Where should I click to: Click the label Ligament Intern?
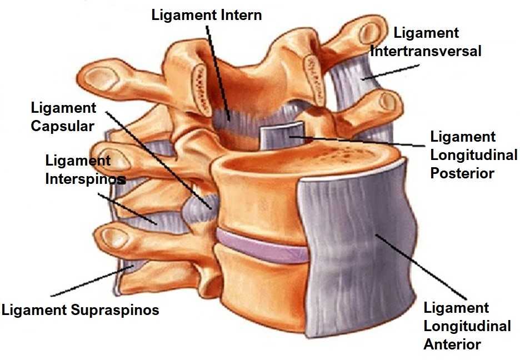[207, 15]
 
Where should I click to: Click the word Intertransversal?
[426, 51]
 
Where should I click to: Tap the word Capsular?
[62, 126]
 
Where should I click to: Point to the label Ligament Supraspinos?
[80, 309]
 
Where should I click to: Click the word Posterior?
[462, 173]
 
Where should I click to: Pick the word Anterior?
[452, 344]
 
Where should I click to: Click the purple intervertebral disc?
[261, 246]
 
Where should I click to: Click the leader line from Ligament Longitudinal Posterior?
[361, 141]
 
